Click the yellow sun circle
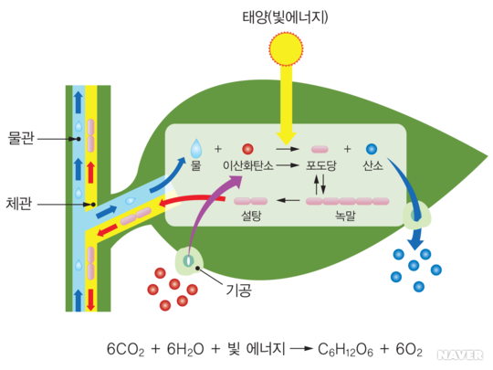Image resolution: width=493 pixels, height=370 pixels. coord(286,48)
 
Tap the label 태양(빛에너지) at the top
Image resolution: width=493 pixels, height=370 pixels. coord(285,16)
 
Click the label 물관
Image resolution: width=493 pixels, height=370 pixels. coord(21,138)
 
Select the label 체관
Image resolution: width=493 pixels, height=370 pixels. coord(19,204)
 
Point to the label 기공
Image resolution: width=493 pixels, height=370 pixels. coord(239,290)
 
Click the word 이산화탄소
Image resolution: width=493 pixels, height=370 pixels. coord(248,165)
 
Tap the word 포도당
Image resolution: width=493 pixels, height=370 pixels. coord(321,165)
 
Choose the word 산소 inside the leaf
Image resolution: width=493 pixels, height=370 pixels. coord(372,165)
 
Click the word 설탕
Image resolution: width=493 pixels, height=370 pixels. coord(251,216)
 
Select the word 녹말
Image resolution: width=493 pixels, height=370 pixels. coord(345,216)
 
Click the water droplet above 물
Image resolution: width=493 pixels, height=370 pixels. coord(196,149)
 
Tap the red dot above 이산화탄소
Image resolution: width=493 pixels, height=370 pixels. coord(247,149)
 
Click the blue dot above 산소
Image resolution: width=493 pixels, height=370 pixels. coord(372,149)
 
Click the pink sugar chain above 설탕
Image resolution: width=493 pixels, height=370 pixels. coord(250,201)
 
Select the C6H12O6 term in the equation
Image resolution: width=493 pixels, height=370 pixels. coord(345,350)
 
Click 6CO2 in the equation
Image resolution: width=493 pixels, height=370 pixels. coord(126,350)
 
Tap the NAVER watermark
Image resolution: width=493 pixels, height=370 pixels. coord(460,354)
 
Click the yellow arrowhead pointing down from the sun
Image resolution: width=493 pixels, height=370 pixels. coord(286,139)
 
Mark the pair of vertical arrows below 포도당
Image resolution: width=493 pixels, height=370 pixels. coord(320,185)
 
